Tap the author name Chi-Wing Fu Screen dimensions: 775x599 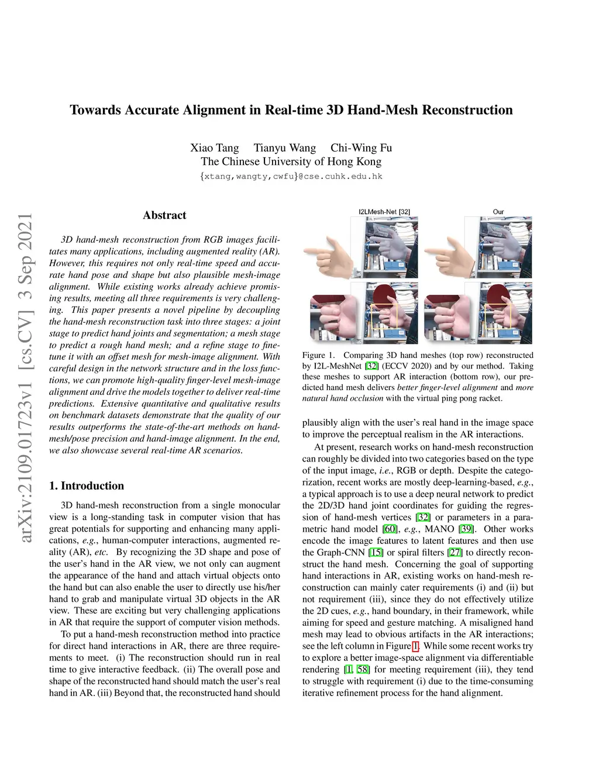tap(361, 147)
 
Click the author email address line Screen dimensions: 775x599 tap(291, 176)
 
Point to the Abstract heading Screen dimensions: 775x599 tap(164, 215)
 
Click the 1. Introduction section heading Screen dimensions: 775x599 tap(87, 485)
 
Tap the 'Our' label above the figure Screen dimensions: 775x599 tap(498, 212)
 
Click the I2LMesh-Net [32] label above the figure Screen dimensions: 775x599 tap(384, 212)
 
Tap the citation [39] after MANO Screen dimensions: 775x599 tap(466, 529)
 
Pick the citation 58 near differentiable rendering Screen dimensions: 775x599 tap(363, 669)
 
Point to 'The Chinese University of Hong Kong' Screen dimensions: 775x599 tap(291, 161)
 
